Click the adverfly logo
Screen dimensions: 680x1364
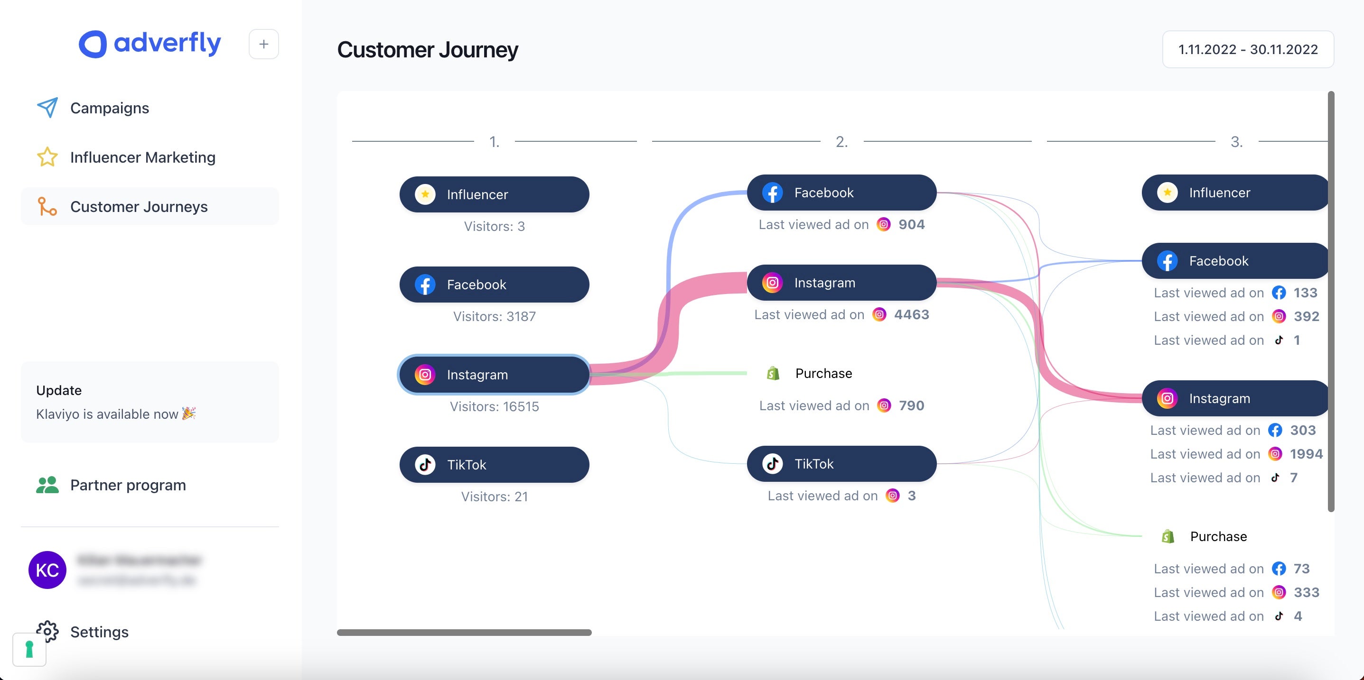pos(150,44)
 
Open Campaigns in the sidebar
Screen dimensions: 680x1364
pos(109,108)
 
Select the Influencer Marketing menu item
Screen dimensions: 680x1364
pos(142,157)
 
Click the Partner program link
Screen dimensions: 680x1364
pos(128,485)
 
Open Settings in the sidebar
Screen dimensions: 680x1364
pos(99,631)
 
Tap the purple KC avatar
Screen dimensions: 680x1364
pos(47,570)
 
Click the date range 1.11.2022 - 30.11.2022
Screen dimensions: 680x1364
pos(1248,49)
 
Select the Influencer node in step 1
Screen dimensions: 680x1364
pos(494,194)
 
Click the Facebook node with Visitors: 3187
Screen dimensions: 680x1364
pos(494,284)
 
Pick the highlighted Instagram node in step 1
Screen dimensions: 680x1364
pos(494,375)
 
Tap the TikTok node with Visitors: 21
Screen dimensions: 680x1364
pos(494,465)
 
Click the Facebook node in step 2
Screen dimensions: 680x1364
pos(841,193)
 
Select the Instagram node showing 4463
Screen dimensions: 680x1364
pos(841,283)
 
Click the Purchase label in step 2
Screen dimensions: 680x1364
pos(823,373)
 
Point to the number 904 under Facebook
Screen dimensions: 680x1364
pos(911,224)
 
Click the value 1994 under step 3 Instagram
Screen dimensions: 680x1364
pos(1306,453)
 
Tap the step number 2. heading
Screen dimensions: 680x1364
pos(841,142)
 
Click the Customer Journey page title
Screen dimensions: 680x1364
pos(427,50)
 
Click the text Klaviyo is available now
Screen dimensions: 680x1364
pos(107,414)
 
